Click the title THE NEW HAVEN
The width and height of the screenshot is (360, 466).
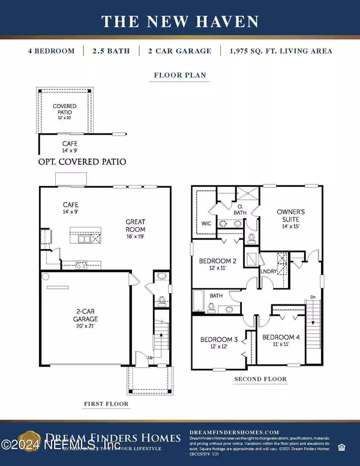(180, 22)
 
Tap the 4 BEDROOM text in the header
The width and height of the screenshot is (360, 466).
(51, 51)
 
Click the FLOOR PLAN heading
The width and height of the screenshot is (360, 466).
(180, 76)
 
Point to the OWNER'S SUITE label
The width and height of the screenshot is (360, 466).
(292, 216)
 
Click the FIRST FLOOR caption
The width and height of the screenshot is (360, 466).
(107, 404)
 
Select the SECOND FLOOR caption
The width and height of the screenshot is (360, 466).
(261, 379)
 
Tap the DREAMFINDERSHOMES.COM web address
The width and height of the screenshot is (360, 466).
(234, 432)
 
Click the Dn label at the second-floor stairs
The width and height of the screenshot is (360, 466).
(313, 297)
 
